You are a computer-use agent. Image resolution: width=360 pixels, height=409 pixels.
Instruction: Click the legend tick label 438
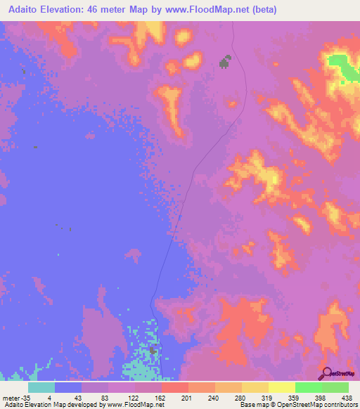(x=347, y=398)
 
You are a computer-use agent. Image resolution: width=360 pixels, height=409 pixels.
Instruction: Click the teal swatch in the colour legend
(x=41, y=387)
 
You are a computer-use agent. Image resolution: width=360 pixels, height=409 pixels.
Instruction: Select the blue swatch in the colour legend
(x=68, y=387)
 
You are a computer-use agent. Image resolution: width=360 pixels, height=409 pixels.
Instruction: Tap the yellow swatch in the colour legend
(x=282, y=387)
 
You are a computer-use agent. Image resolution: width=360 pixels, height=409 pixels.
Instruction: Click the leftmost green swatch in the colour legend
(x=309, y=387)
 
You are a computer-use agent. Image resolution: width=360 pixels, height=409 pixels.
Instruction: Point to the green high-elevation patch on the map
(x=343, y=66)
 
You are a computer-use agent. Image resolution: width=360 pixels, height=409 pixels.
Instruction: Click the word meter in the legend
(x=11, y=398)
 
